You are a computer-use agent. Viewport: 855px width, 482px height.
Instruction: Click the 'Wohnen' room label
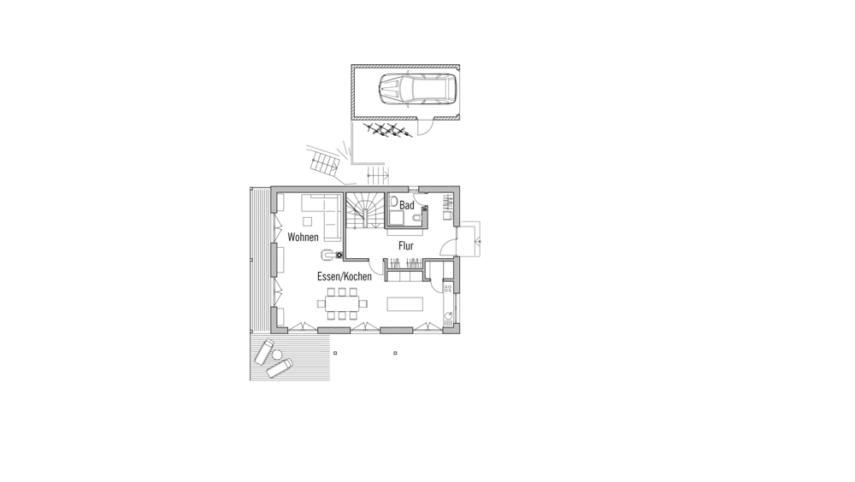pos(303,238)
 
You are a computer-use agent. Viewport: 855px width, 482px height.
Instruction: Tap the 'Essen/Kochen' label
pos(344,276)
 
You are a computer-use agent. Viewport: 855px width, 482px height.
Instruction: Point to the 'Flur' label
pos(405,246)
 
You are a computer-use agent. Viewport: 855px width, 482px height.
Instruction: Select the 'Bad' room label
pos(407,206)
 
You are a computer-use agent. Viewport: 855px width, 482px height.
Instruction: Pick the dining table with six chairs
pos(342,303)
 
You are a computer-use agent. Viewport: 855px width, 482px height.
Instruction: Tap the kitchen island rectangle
pos(405,303)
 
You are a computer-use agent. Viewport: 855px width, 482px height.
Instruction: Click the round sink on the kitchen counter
pos(448,315)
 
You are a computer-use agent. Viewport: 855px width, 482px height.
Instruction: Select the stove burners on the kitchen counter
pos(448,288)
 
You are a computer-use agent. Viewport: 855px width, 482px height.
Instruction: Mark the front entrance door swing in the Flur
pos(448,248)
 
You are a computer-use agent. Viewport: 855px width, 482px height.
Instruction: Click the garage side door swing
pos(424,127)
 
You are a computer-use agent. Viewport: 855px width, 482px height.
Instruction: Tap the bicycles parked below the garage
pos(387,130)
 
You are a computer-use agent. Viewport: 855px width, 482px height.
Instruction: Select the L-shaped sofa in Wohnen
pos(322,216)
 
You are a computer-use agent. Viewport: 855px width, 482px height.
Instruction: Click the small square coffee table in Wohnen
pos(308,220)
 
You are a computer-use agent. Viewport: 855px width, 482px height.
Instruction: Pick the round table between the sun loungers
pos(277,355)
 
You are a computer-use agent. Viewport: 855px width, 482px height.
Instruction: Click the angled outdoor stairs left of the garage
pos(325,162)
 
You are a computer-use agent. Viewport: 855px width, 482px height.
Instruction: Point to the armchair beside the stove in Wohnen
pos(327,254)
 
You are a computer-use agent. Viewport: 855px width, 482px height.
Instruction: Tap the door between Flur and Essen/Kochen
pos(376,267)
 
